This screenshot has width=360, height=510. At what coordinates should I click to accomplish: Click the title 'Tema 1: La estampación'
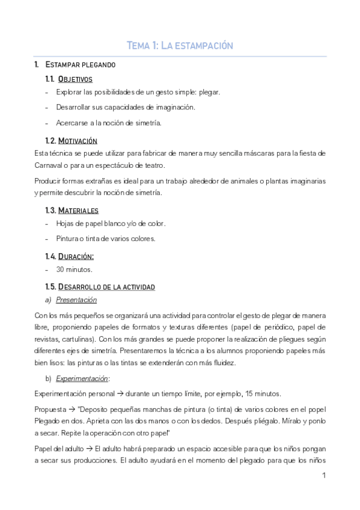click(x=180, y=46)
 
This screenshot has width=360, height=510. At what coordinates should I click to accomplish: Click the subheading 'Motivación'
click(x=78, y=141)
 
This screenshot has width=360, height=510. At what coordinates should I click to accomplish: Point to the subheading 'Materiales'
click(x=78, y=210)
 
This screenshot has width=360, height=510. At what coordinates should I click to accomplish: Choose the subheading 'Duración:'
click(x=76, y=256)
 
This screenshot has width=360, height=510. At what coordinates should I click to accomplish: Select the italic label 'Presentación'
click(x=76, y=300)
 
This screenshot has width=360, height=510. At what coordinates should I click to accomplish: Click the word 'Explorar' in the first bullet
click(x=69, y=93)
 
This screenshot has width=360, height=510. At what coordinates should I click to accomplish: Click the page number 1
click(x=324, y=476)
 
